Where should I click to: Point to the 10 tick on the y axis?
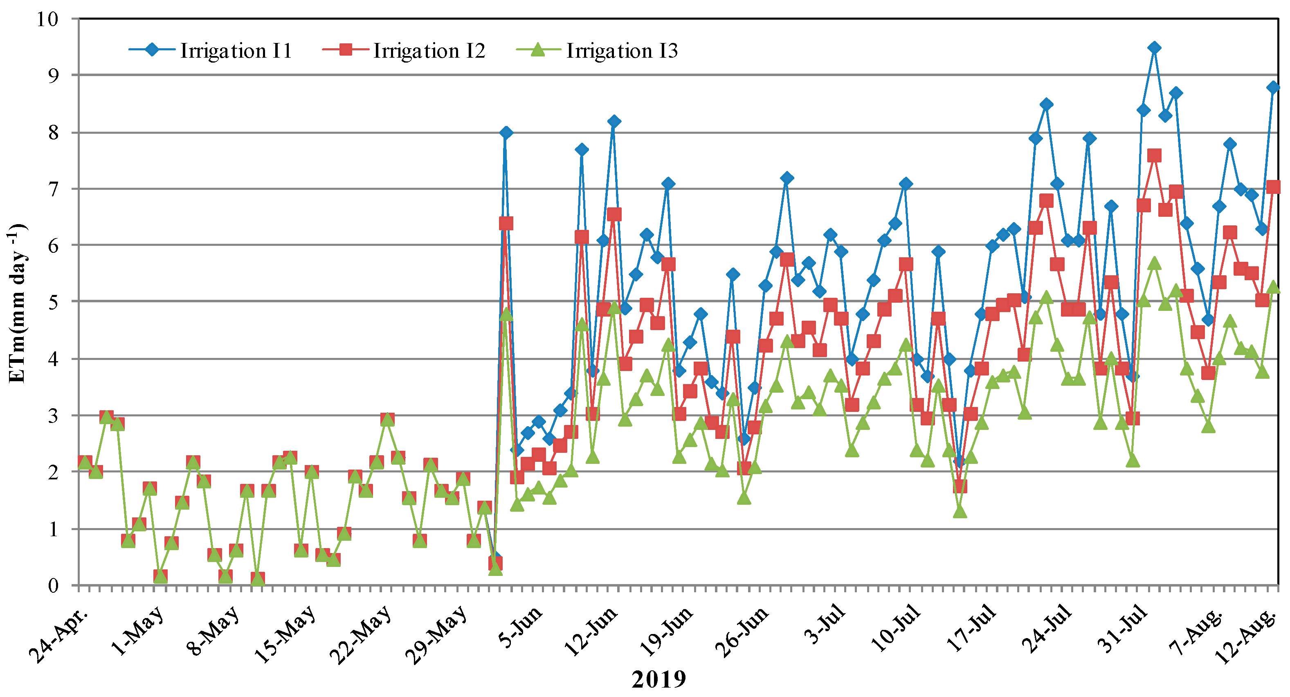[x=47, y=19]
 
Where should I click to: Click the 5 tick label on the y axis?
[x=53, y=302]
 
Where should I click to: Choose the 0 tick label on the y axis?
[x=53, y=585]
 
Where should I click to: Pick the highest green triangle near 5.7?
[x=1154, y=263]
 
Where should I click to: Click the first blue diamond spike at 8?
[x=506, y=133]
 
